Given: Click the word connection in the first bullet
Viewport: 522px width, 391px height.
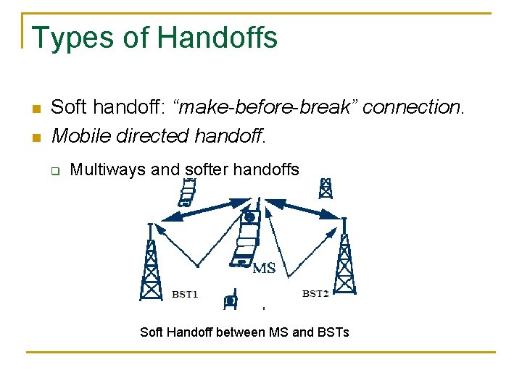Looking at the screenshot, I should click(x=411, y=107).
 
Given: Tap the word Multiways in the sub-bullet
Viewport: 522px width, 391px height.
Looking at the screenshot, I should click(x=107, y=170).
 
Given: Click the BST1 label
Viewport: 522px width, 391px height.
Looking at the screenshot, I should click(x=185, y=295).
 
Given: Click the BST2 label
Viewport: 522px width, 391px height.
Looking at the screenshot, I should click(x=315, y=294).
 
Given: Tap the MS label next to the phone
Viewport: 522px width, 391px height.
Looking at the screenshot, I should click(x=264, y=269).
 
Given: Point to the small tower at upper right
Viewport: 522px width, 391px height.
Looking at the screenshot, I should click(x=326, y=188).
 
